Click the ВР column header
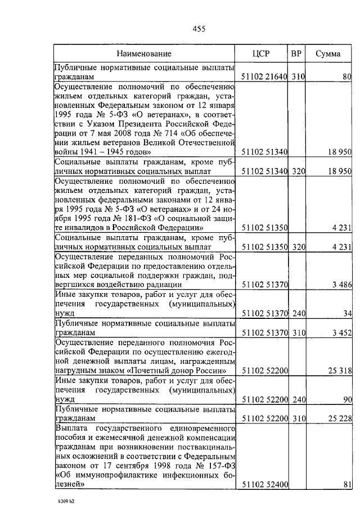pos(296,54)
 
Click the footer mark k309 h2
pos(66,499)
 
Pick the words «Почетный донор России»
pos(178,371)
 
